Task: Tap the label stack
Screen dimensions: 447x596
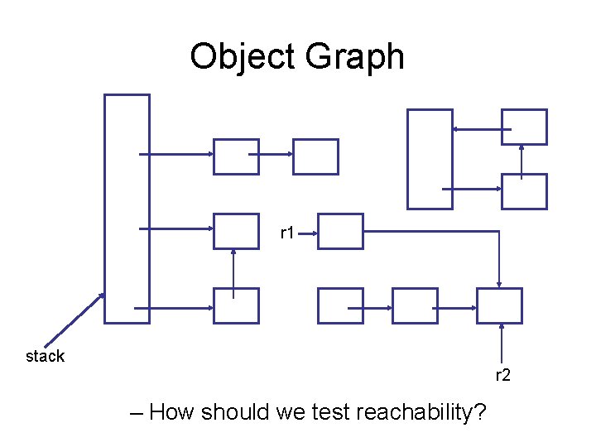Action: [x=45, y=356]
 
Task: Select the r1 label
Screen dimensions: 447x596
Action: [x=288, y=233]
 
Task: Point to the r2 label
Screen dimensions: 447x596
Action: [x=503, y=376]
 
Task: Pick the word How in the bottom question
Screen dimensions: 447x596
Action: [x=172, y=411]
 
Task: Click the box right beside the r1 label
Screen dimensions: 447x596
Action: [x=340, y=231]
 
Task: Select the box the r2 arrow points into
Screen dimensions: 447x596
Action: [x=499, y=305]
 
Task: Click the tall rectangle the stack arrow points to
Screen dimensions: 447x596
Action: [x=127, y=208]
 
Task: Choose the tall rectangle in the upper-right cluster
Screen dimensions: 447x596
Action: [x=430, y=158]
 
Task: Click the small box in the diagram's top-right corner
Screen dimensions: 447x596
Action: [x=524, y=127]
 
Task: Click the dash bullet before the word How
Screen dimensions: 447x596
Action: [x=137, y=412]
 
